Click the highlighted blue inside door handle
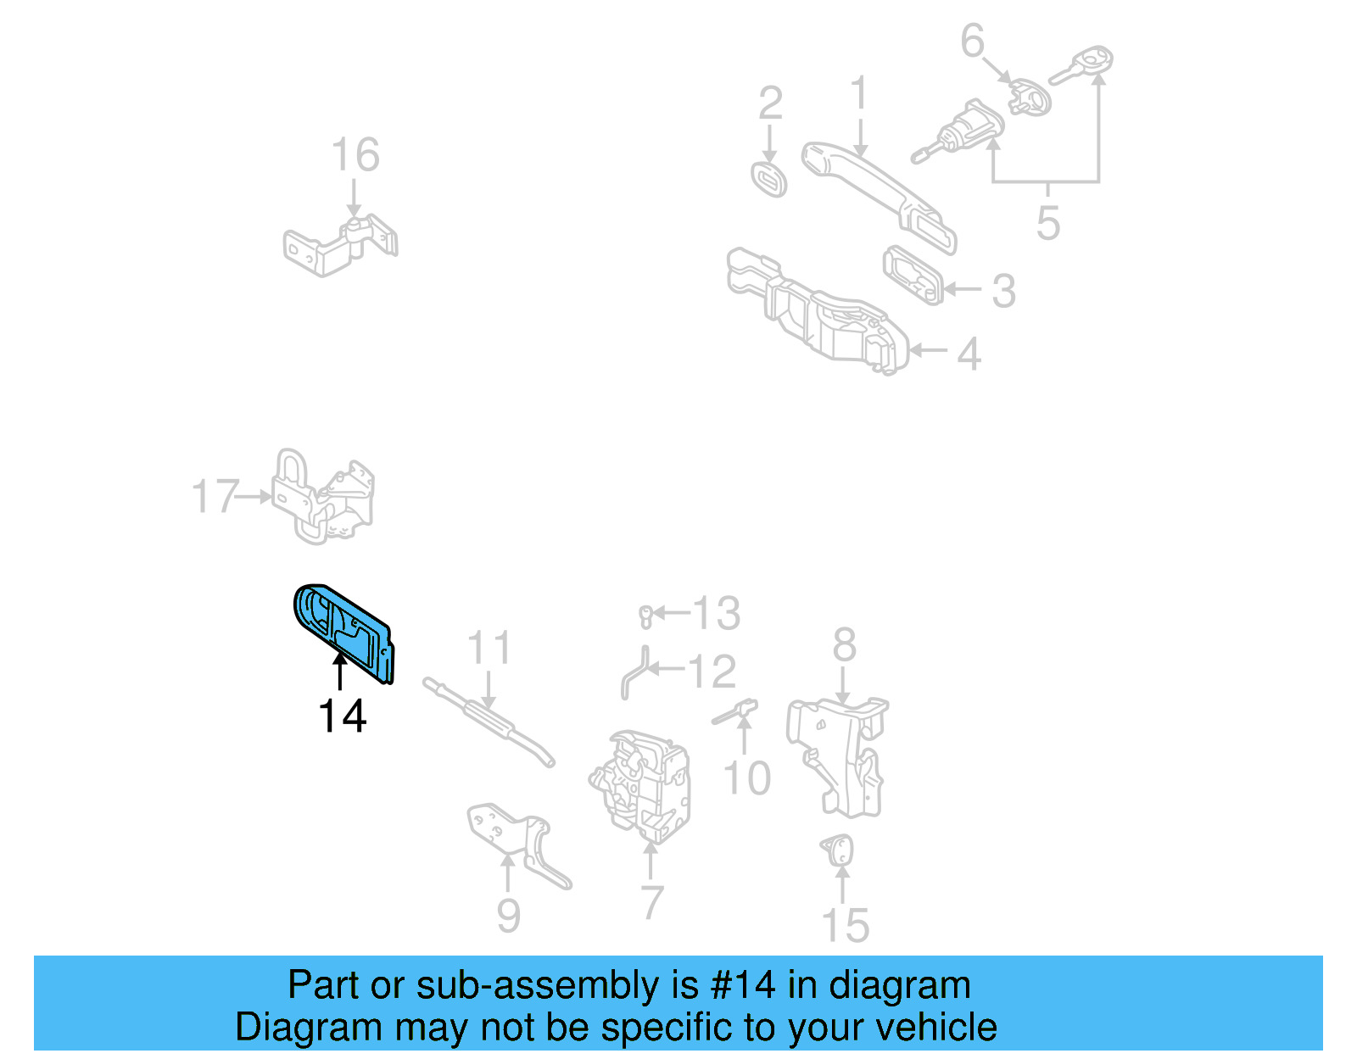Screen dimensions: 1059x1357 click(x=344, y=632)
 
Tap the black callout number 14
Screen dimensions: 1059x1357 click(x=342, y=716)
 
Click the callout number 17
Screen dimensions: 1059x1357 click(x=215, y=497)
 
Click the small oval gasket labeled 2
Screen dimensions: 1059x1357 click(x=769, y=179)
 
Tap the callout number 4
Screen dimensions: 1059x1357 click(x=969, y=354)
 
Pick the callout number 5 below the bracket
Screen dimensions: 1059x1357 click(x=1047, y=223)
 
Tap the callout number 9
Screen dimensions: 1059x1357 click(x=507, y=916)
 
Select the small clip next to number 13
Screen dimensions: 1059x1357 click(x=645, y=616)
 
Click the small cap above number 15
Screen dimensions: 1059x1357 click(x=838, y=849)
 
